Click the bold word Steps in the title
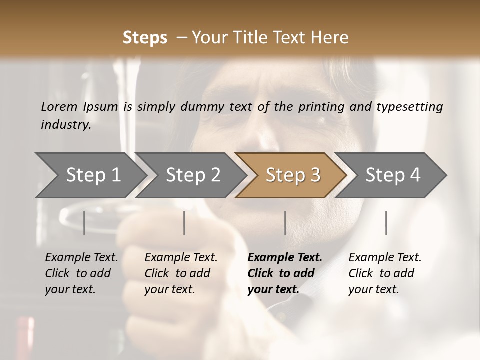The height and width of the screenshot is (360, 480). click(145, 38)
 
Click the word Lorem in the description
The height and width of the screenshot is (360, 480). click(59, 107)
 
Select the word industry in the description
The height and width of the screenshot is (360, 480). click(66, 125)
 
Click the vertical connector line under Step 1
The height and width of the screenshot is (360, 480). click(84, 223)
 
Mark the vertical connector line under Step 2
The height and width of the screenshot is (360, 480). click(184, 223)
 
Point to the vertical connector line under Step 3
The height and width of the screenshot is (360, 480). click(285, 223)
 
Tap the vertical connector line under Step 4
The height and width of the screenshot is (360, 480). click(386, 223)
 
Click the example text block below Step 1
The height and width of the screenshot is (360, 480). click(81, 273)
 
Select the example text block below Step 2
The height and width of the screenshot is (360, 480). click(181, 273)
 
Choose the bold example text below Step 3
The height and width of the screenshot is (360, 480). click(285, 273)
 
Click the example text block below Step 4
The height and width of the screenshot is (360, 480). click(385, 273)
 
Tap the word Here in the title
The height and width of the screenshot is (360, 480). click(331, 38)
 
